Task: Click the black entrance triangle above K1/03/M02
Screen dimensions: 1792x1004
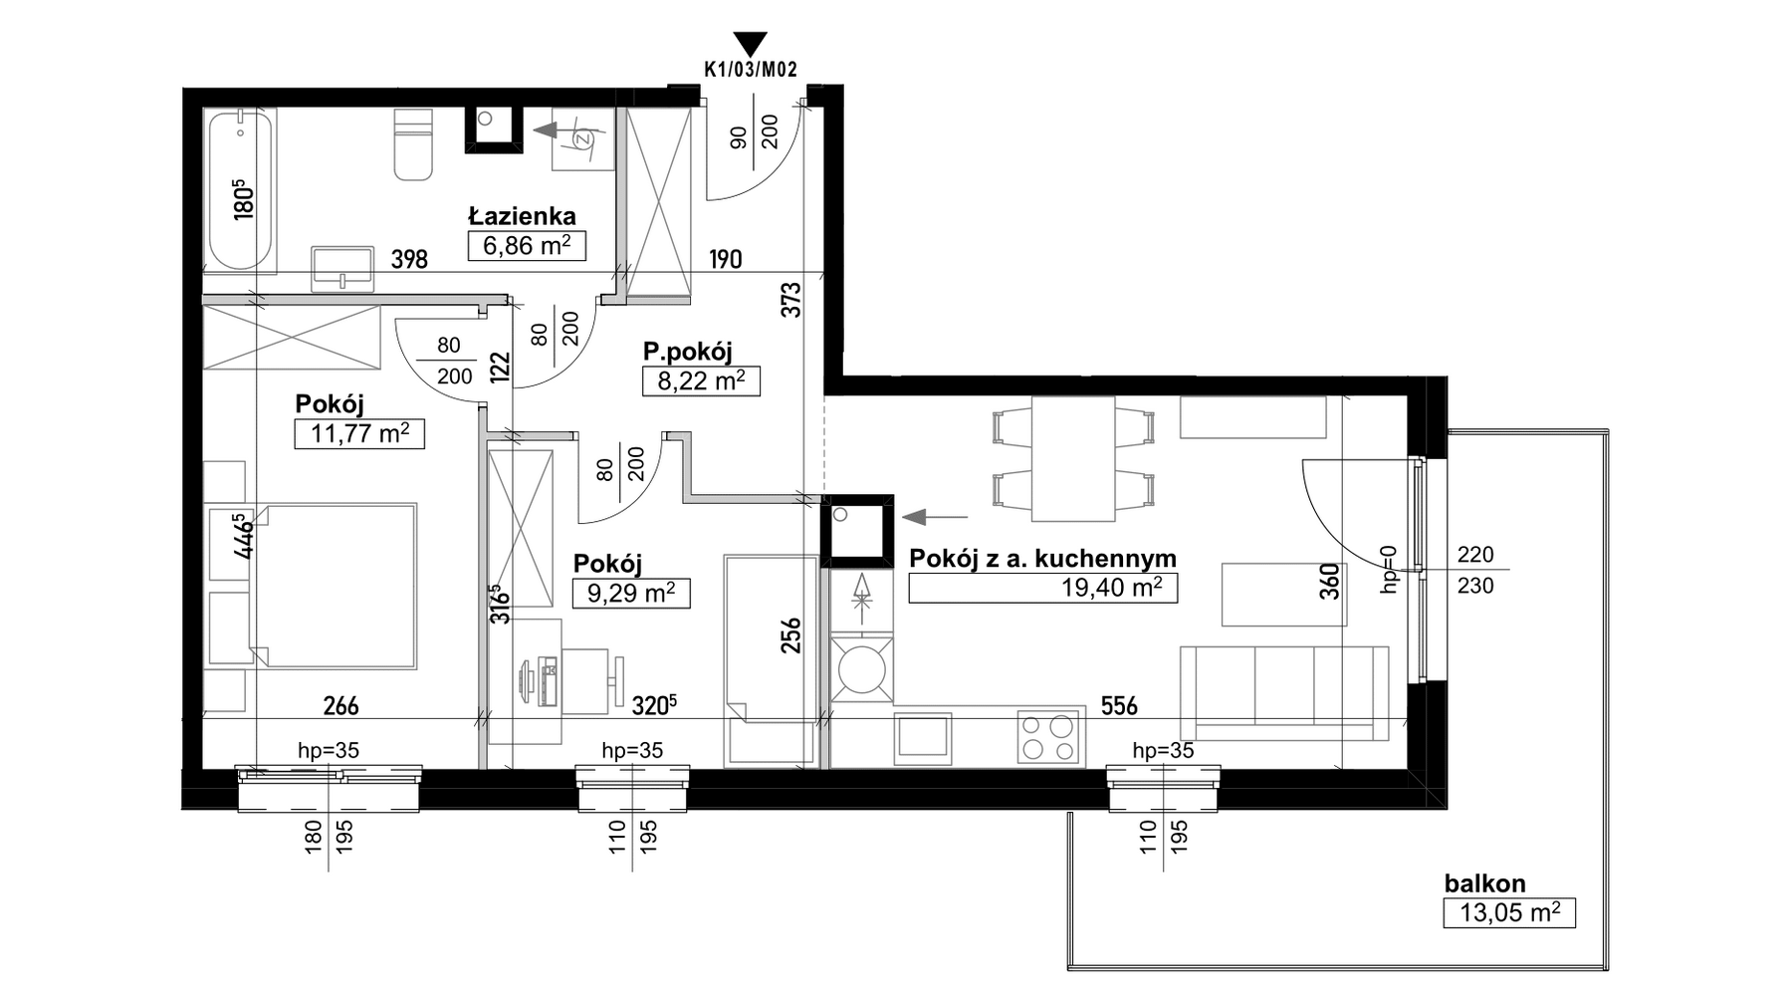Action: (750, 44)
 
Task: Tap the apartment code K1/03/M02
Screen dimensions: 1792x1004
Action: (750, 70)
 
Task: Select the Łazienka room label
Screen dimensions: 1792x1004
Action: (522, 216)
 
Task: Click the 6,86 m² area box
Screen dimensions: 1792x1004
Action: (527, 246)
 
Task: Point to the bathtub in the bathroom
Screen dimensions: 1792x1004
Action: (240, 191)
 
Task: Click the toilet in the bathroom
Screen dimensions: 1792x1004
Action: (413, 143)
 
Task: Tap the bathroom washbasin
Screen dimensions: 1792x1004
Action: (343, 269)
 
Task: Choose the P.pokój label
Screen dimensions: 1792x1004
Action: (687, 352)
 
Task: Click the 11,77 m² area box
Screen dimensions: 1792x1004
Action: (359, 434)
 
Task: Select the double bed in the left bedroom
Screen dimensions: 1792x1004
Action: (334, 585)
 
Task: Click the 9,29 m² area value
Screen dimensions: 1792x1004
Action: (631, 595)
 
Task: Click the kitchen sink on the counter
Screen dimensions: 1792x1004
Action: (923, 739)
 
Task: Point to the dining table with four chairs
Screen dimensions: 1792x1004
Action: (1073, 458)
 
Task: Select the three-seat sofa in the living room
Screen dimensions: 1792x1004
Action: (1284, 693)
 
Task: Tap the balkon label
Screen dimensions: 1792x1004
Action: (1484, 883)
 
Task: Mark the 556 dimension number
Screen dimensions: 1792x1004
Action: (1119, 706)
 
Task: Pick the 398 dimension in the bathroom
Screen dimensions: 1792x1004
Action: (409, 260)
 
